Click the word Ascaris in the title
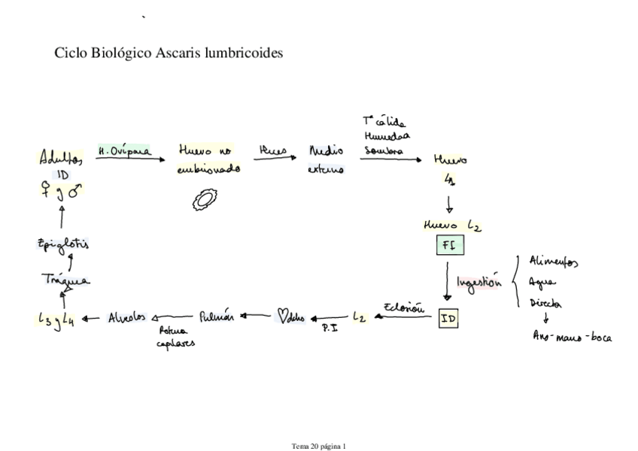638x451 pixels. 179,54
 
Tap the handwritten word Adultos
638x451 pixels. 61,158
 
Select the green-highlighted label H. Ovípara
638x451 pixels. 123,151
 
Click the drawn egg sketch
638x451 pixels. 204,199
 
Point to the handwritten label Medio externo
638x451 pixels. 327,160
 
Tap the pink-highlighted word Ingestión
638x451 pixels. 479,283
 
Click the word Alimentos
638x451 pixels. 554,262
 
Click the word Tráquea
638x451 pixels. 65,280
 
